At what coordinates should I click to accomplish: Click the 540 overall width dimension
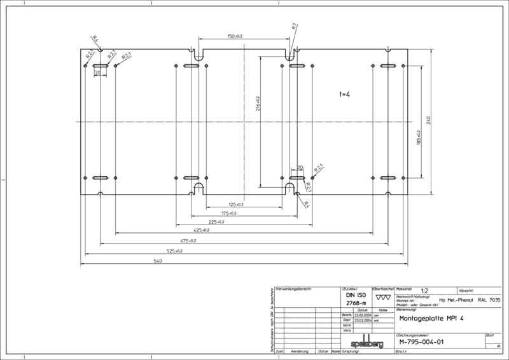pos(158,261)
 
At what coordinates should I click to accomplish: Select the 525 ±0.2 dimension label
pos(174,251)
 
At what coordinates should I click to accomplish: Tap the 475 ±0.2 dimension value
pos(188,241)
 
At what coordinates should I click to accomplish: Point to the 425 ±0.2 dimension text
pos(201,231)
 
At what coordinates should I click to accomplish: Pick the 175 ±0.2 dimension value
pos(228,213)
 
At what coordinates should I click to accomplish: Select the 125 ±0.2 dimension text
pos(237,204)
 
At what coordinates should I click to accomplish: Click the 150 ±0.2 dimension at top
pos(235,36)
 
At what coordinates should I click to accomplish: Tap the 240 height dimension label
pos(429,120)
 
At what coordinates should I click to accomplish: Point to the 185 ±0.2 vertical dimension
pos(418,137)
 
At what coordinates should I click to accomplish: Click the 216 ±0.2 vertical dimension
pos(258,104)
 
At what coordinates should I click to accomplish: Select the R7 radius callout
pos(295,27)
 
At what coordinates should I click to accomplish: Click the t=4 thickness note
pos(345,94)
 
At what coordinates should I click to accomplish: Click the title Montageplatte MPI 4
pos(431,318)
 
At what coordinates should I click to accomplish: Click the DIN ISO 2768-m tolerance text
pos(356,300)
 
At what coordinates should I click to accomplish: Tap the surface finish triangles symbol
pos(383,297)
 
